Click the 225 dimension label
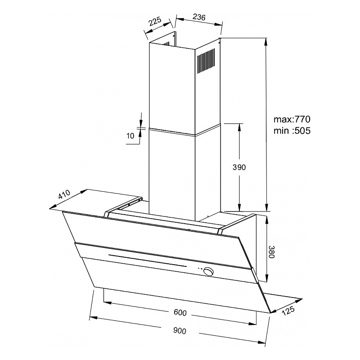pos(155,22)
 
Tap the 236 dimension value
pos(199,17)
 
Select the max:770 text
pos(292,119)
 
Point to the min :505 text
pos(292,130)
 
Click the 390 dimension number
pos(239,167)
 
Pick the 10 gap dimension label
pos(130,136)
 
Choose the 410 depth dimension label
pos(64,194)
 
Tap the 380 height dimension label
pos(271,252)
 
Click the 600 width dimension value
pos(180,312)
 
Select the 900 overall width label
pos(180,331)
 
